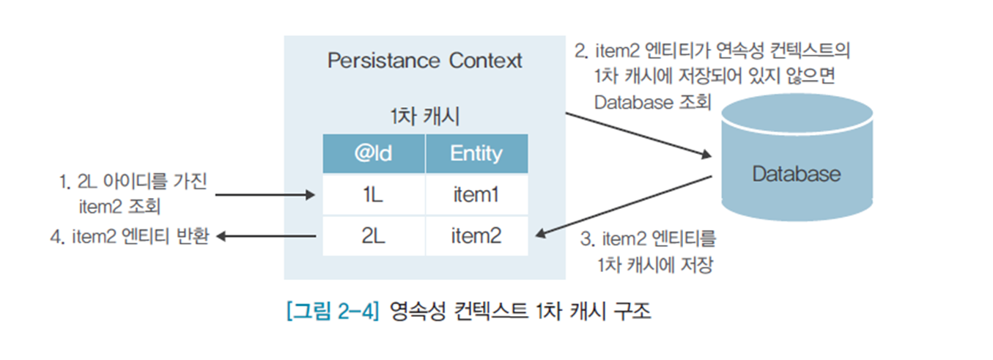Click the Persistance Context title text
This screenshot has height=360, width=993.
pyautogui.click(x=424, y=60)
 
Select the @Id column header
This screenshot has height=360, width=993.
pyautogui.click(x=374, y=153)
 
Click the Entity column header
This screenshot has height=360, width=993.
pyautogui.click(x=476, y=153)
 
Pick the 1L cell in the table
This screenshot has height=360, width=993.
pyautogui.click(x=374, y=195)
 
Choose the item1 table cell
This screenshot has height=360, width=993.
pyautogui.click(x=476, y=195)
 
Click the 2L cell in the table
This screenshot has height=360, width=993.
pyautogui.click(x=374, y=236)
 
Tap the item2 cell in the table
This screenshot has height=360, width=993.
pyautogui.click(x=476, y=236)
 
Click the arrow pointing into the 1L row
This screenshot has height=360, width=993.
pyautogui.click(x=265, y=195)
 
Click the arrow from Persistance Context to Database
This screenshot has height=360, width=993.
pyautogui.click(x=638, y=134)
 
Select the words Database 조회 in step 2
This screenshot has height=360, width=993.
pyautogui.click(x=652, y=103)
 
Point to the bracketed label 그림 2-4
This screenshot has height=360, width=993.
pyautogui.click(x=331, y=311)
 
